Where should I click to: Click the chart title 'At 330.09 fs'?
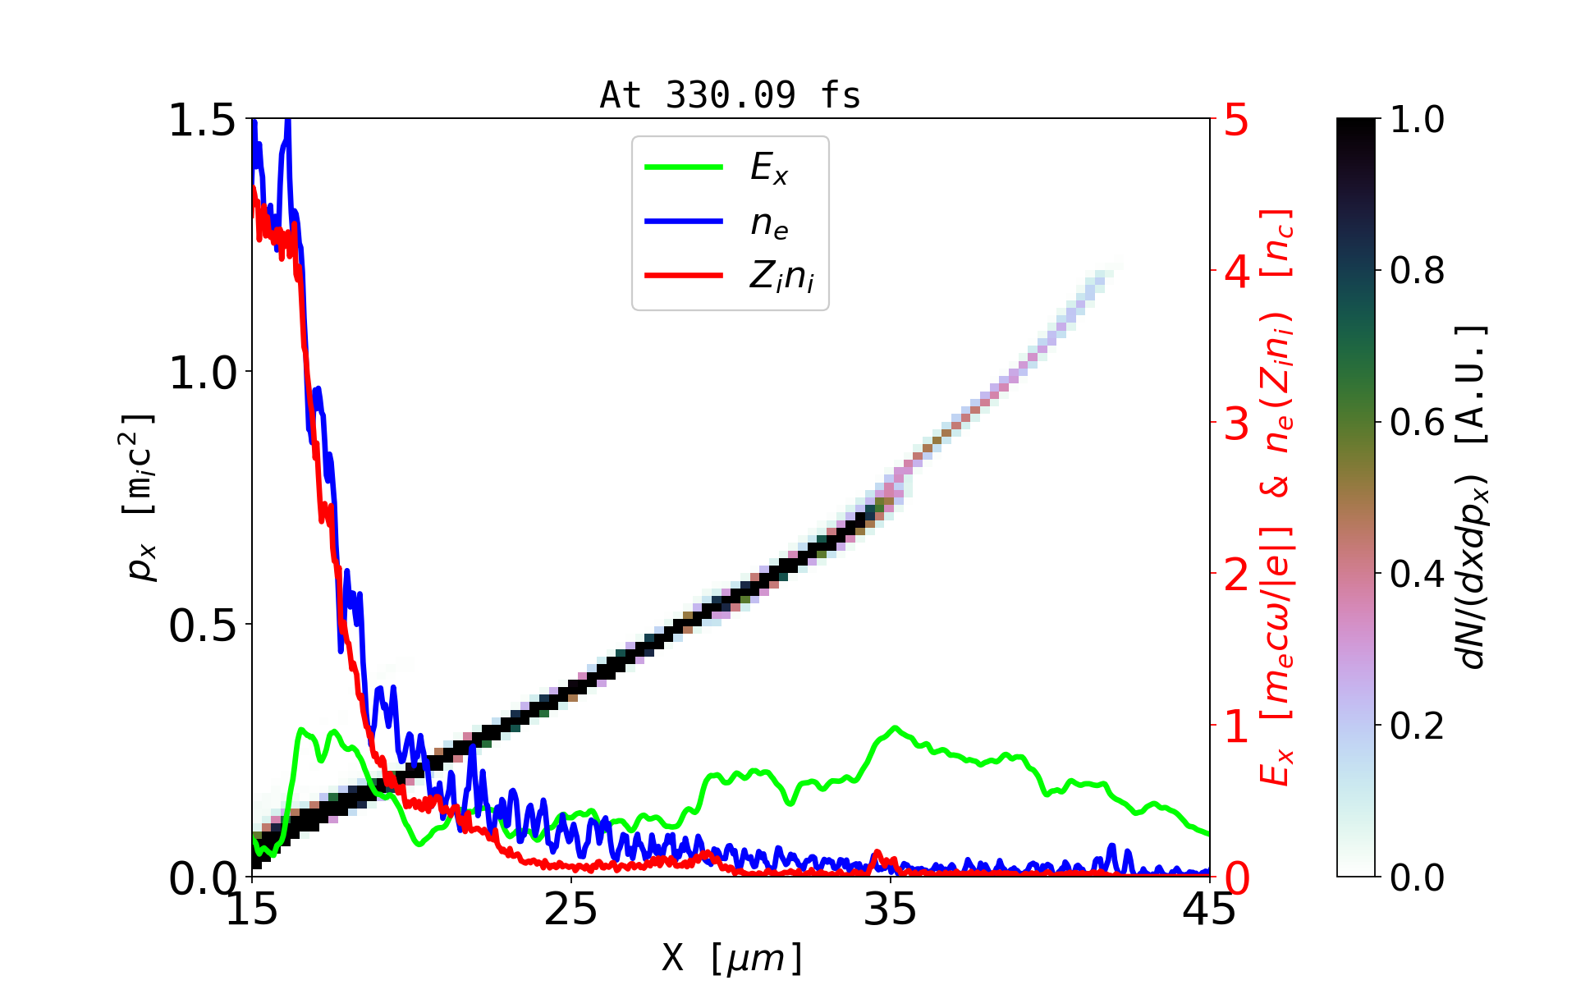pos(730,96)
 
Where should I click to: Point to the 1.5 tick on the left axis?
pos(202,121)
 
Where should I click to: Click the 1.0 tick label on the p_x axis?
pos(202,373)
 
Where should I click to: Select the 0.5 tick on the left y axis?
pos(202,626)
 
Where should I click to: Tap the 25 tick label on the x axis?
pos(571,909)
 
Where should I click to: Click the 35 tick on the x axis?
pos(891,909)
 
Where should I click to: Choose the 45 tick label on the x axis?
pos(1209,909)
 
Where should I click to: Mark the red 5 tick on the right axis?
pos(1236,121)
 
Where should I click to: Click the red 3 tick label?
pos(1236,424)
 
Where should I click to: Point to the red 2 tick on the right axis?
pos(1236,575)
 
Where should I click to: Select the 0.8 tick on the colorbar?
pos(1417,270)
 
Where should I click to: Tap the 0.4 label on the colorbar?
pos(1417,574)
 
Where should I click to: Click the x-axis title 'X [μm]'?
pos(732,957)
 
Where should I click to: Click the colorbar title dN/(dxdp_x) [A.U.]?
pos(1473,497)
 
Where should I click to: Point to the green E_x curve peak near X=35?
pos(895,728)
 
